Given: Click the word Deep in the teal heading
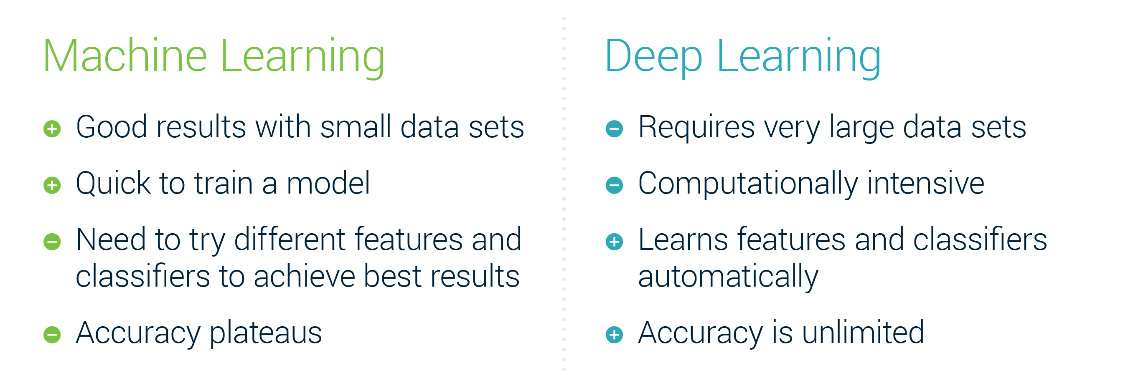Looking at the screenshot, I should pyautogui.click(x=653, y=57).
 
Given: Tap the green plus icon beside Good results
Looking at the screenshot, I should pyautogui.click(x=52, y=128).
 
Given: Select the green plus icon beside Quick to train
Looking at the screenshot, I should pyautogui.click(x=52, y=185).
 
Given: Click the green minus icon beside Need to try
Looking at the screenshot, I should pyautogui.click(x=52, y=242).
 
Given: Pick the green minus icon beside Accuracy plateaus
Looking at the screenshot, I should pyautogui.click(x=52, y=335).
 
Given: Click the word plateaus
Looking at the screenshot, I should pyautogui.click(x=265, y=334).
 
